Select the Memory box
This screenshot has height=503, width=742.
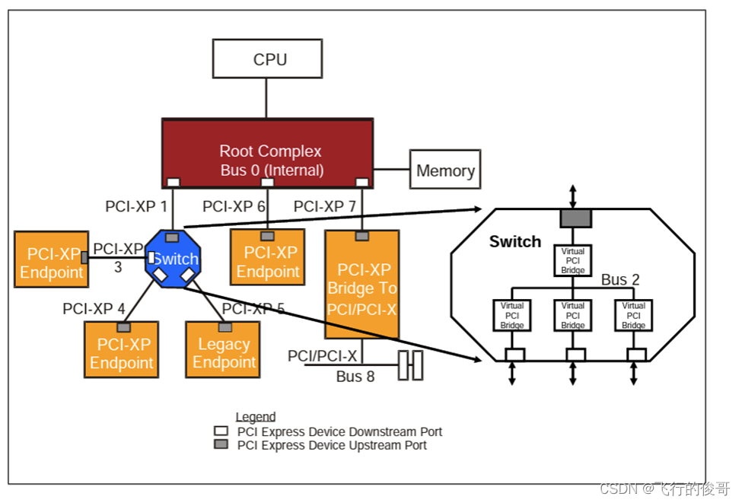(x=445, y=170)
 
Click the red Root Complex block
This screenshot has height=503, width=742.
(x=267, y=153)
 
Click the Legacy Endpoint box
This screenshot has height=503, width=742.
(x=224, y=352)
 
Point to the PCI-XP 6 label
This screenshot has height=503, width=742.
(x=234, y=206)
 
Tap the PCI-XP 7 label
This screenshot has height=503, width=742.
(x=324, y=206)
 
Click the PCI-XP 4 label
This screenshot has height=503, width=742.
(x=94, y=309)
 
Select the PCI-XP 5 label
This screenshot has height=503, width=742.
(x=253, y=309)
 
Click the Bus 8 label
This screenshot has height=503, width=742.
(x=355, y=376)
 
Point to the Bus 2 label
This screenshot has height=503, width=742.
(x=620, y=279)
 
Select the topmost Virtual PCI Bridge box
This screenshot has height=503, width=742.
(x=572, y=260)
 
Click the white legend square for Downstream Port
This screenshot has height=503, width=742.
(x=221, y=431)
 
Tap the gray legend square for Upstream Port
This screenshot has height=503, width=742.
(x=221, y=444)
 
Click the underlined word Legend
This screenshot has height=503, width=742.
(x=256, y=417)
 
